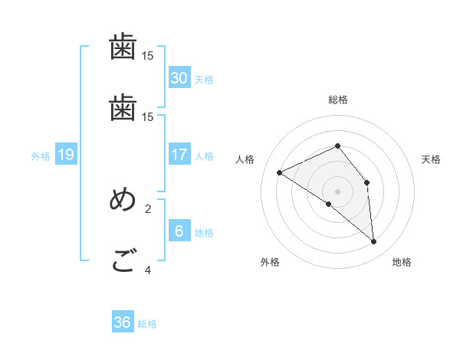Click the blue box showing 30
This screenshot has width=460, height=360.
click(x=179, y=77)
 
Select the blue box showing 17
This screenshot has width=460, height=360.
click(x=179, y=154)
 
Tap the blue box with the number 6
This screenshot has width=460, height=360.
click(x=179, y=231)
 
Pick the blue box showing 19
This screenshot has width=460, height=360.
click(x=65, y=155)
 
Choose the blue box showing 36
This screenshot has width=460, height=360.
click(x=122, y=322)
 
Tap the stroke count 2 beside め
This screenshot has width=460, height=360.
click(x=148, y=208)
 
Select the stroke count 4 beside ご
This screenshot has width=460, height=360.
click(x=148, y=270)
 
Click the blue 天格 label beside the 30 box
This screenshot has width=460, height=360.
click(x=204, y=79)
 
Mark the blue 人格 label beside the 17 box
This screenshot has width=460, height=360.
click(x=204, y=155)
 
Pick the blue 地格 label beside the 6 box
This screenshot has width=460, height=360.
click(x=204, y=232)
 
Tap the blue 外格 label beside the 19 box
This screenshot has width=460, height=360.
click(x=41, y=156)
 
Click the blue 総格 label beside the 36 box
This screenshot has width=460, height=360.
click(x=147, y=324)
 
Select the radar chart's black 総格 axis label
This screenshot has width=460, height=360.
click(x=338, y=100)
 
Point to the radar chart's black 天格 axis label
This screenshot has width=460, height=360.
click(x=431, y=159)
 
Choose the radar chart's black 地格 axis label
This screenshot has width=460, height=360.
click(x=402, y=262)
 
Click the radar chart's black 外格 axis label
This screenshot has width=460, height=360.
click(x=270, y=262)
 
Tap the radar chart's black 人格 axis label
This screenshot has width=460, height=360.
click(x=245, y=159)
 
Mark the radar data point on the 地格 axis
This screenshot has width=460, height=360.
click(x=374, y=242)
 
